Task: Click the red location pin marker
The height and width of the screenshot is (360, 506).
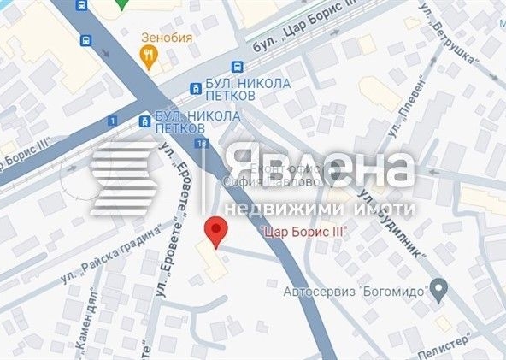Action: click(217, 231)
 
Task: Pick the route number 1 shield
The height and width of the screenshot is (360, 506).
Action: click(112, 121)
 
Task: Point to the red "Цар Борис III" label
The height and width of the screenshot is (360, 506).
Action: click(295, 231)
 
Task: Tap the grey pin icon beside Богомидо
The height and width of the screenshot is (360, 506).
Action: click(438, 290)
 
